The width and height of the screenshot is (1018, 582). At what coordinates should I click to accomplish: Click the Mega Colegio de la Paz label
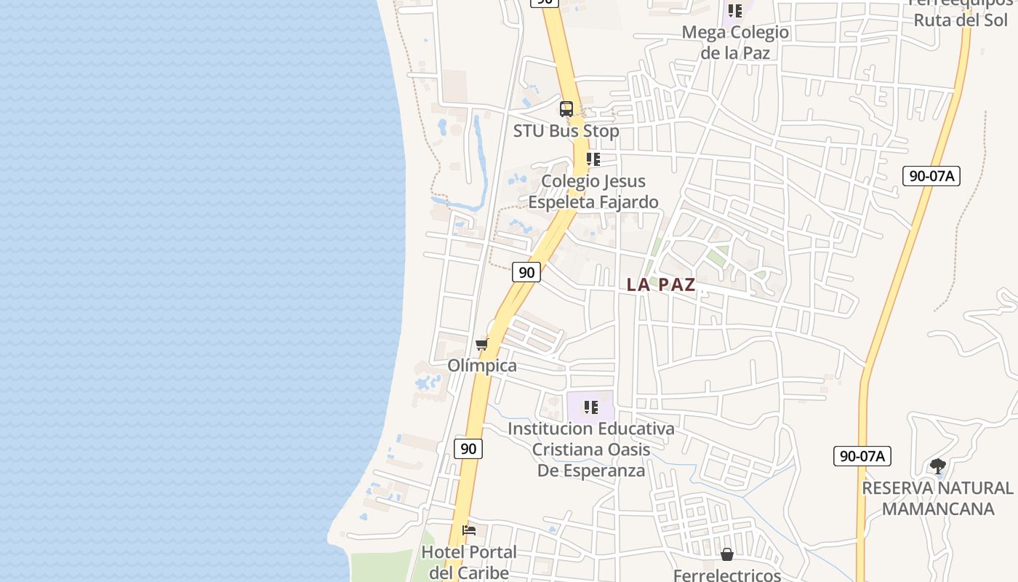point(735,42)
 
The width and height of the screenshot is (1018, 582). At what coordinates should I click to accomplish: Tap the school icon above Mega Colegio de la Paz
point(735,11)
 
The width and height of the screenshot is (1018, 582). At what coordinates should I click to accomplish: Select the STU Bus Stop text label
point(566,131)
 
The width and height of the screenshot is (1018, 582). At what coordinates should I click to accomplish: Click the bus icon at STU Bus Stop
point(566,109)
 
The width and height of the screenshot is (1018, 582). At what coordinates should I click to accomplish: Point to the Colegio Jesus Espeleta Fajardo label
point(593,191)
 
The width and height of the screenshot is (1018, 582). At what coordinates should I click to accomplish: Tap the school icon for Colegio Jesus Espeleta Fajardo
point(593,159)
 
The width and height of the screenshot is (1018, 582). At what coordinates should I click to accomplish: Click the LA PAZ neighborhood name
point(661,284)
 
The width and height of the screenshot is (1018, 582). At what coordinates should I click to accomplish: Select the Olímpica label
point(482,365)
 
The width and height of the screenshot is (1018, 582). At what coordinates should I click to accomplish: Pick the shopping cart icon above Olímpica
point(481,344)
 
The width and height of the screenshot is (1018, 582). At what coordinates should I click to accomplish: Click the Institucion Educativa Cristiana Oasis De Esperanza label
point(591,449)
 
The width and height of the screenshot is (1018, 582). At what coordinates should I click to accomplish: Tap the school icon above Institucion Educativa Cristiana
point(591,407)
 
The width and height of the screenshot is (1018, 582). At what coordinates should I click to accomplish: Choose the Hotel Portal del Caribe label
point(469,562)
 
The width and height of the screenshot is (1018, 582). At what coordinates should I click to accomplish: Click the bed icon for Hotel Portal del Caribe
point(469,530)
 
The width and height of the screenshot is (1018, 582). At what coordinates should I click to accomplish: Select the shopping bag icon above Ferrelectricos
point(727,555)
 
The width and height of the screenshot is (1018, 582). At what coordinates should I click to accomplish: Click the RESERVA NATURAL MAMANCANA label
point(937,498)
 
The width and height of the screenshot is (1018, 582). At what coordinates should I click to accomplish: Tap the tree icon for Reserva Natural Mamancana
point(938,466)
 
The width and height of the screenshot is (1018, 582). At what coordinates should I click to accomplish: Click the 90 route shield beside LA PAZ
point(526,272)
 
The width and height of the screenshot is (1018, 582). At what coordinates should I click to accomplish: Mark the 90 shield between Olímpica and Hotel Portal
point(468,448)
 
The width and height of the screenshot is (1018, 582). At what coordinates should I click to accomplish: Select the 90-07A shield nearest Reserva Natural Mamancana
point(862,456)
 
